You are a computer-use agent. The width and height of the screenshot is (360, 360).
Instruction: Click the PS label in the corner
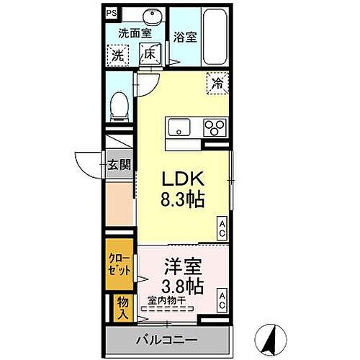[x=110, y=13]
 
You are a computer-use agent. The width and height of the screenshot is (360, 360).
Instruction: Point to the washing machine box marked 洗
[x=117, y=55]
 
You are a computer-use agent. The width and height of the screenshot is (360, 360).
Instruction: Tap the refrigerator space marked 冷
[x=217, y=83]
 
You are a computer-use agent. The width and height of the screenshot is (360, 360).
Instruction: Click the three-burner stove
[x=214, y=128]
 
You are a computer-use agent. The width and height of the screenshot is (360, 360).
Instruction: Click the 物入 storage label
[x=123, y=308]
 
